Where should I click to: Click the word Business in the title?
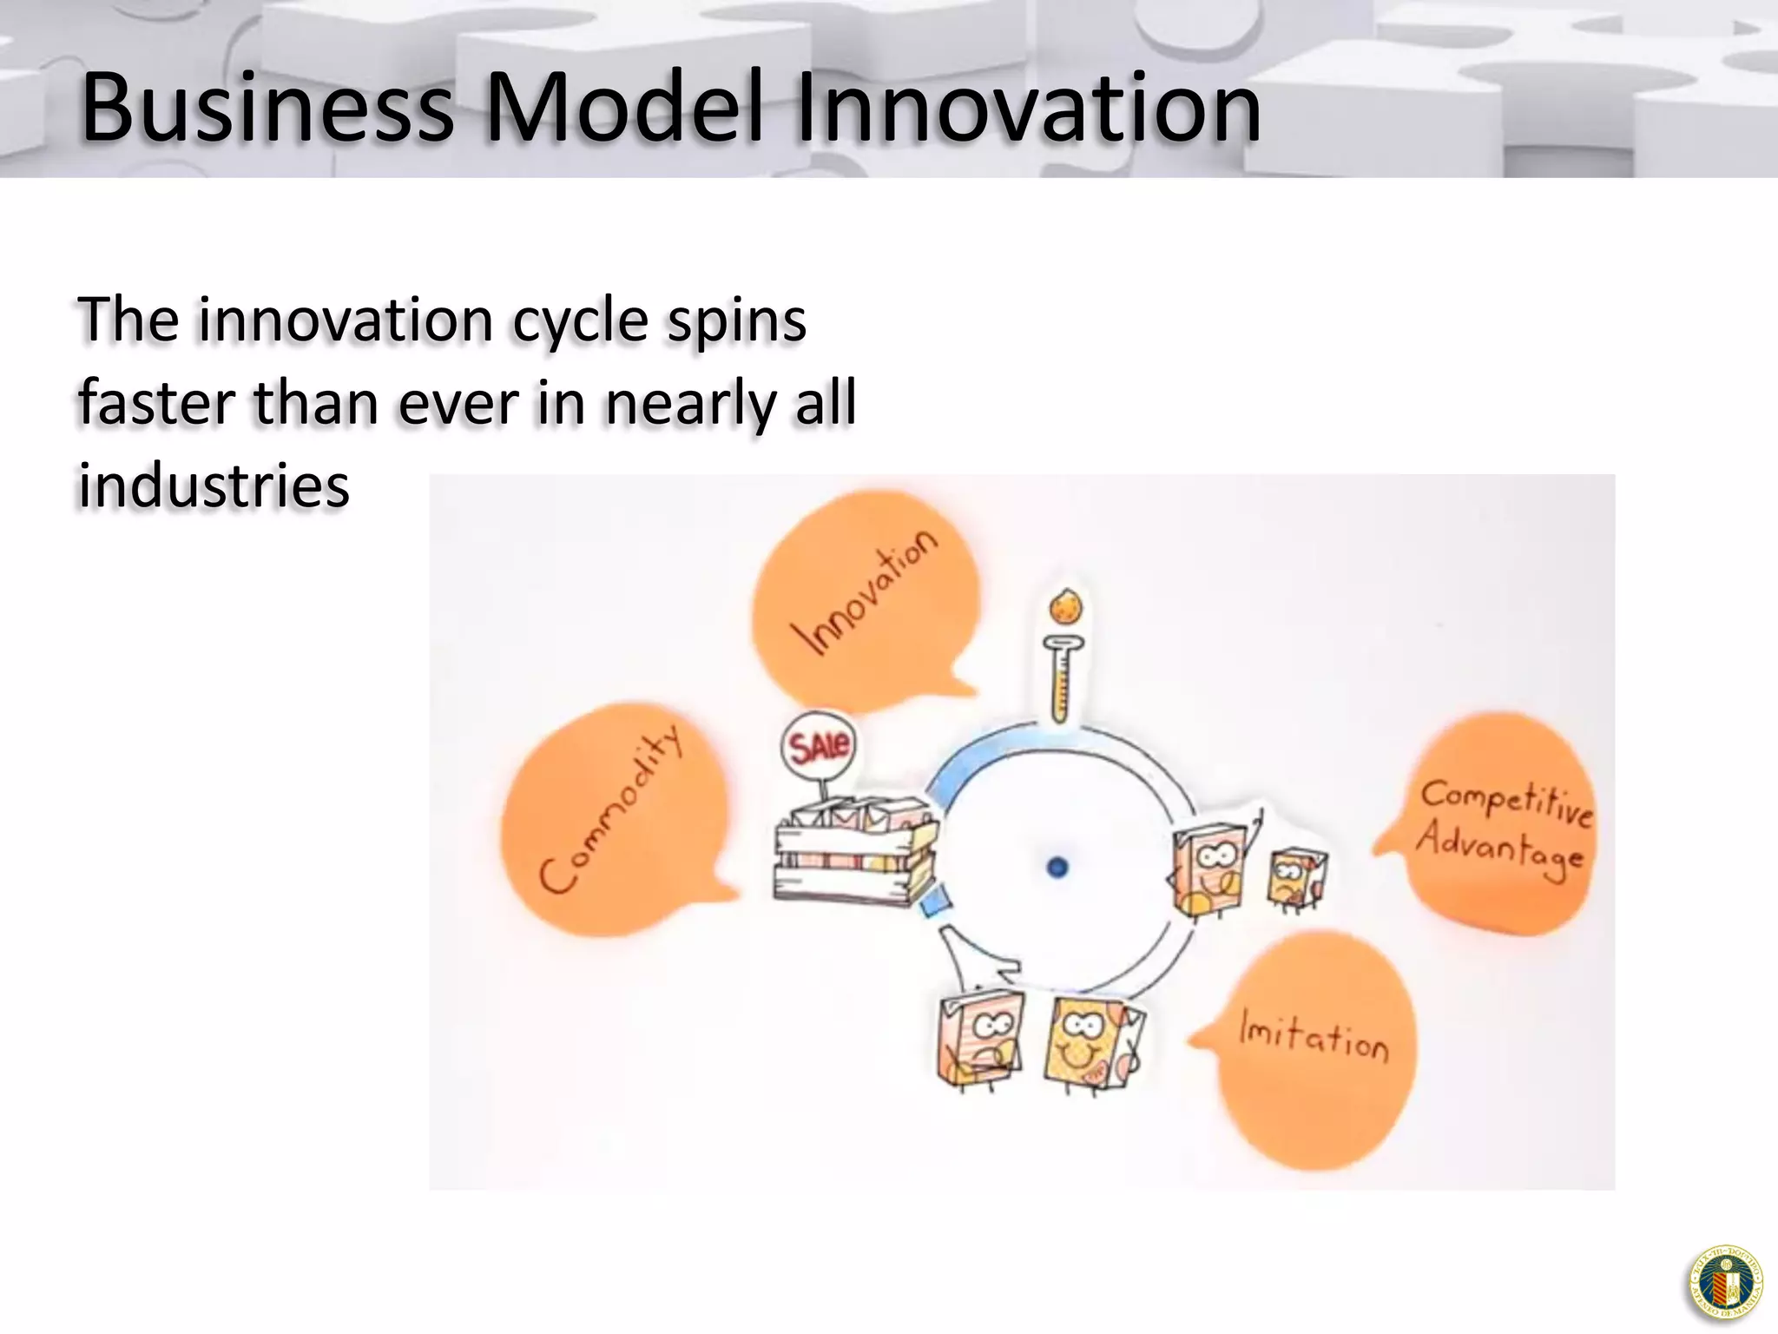[267, 108]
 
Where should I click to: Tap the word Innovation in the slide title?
[1028, 108]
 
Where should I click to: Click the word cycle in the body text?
[580, 321]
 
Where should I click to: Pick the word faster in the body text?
[157, 403]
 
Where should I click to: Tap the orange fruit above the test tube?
[1066, 605]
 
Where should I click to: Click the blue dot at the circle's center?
[1057, 867]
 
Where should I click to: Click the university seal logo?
[1724, 1284]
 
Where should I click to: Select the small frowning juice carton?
[1296, 879]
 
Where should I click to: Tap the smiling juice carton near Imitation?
[1090, 1042]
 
